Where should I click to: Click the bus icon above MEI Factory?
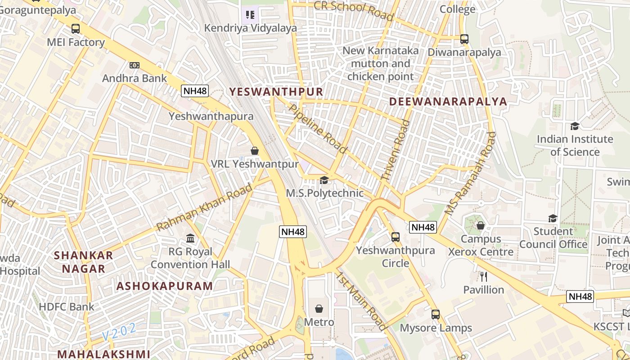(76, 29)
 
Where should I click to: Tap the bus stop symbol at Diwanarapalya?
(464, 39)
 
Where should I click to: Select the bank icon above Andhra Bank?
(134, 65)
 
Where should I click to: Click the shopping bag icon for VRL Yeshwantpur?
(255, 151)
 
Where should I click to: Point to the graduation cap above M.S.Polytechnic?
(324, 180)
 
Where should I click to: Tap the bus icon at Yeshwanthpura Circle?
(396, 237)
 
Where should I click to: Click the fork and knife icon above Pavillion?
(484, 276)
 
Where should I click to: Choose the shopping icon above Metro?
(319, 309)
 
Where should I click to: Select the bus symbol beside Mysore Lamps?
(436, 315)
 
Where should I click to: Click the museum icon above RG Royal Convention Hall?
(190, 238)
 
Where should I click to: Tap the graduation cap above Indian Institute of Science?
(575, 126)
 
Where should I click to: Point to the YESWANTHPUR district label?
(276, 92)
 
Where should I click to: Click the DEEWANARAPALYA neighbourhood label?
(448, 101)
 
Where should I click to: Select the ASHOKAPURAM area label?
(165, 286)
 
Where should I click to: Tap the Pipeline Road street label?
(318, 129)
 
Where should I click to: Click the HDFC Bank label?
(67, 307)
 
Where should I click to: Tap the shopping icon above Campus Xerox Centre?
(481, 225)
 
